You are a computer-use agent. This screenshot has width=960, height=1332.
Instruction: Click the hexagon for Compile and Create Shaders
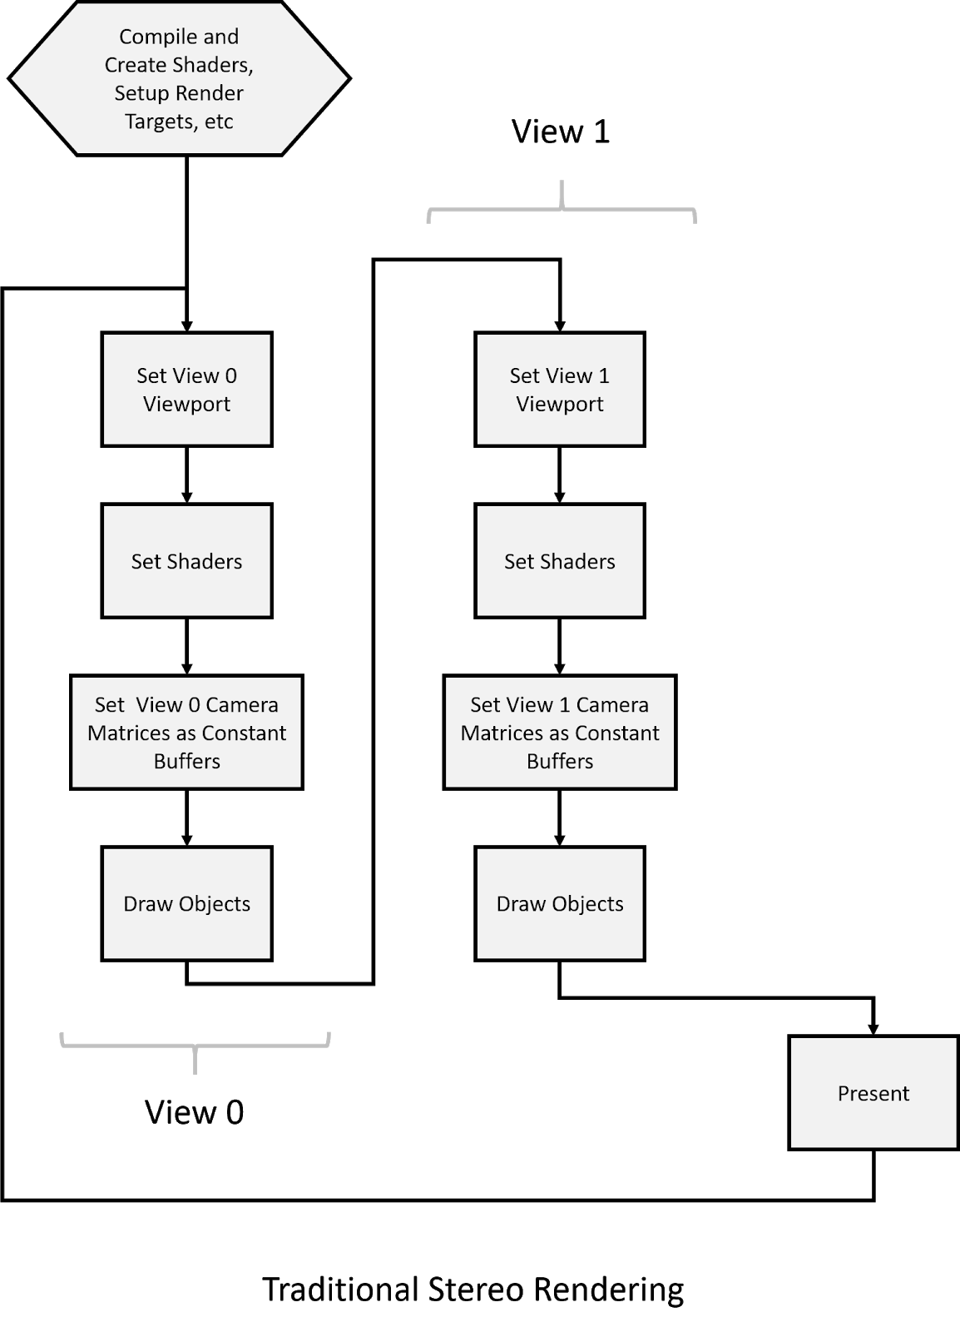click(179, 78)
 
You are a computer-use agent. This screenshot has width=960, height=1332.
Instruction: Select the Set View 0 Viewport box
click(186, 389)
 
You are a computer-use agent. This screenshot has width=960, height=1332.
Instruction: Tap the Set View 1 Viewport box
click(560, 389)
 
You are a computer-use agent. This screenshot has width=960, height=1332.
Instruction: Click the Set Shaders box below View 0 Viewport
click(186, 561)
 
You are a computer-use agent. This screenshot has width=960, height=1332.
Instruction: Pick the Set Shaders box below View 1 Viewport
click(560, 561)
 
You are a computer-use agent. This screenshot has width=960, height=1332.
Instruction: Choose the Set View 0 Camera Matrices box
click(186, 732)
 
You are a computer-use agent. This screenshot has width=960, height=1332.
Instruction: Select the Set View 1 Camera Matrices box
click(560, 732)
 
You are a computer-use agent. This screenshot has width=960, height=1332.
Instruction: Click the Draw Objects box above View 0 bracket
click(186, 903)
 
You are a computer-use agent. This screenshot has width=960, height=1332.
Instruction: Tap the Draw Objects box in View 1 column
click(560, 903)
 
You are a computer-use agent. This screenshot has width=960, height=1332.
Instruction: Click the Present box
click(873, 1093)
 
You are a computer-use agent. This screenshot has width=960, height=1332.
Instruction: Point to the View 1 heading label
click(560, 132)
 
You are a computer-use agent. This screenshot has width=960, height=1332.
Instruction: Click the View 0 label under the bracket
click(195, 1112)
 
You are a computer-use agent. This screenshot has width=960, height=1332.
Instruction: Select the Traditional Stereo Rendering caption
click(473, 1290)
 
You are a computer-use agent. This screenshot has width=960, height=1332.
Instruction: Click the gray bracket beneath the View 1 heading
click(562, 209)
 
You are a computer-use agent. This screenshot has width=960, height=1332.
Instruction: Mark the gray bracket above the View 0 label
click(195, 1046)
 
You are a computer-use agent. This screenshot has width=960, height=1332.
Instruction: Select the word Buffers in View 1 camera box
click(560, 761)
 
